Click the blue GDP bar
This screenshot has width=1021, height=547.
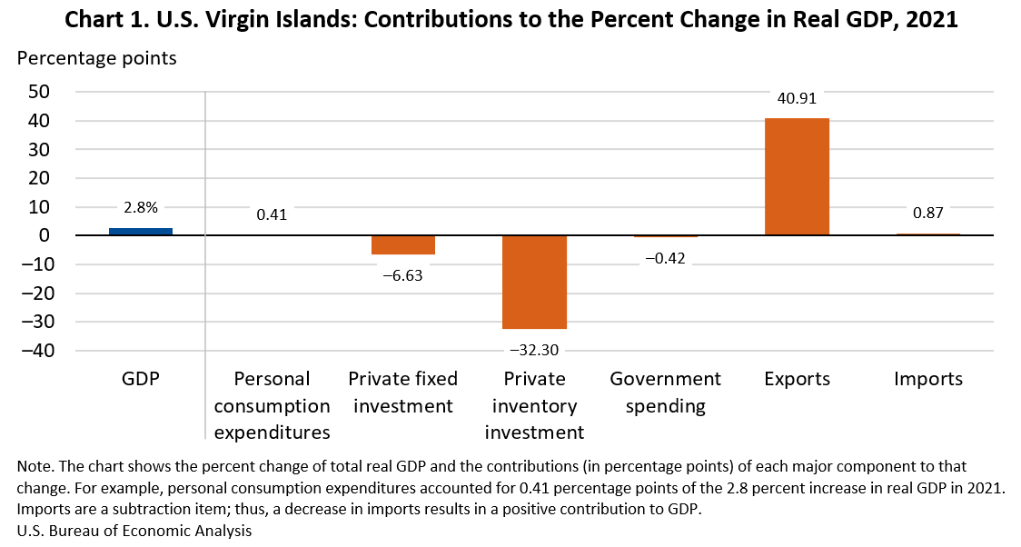pos(141,232)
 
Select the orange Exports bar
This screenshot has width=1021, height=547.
pos(797,177)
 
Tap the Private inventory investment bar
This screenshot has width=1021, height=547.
pos(534,282)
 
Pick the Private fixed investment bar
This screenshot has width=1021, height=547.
pos(403,244)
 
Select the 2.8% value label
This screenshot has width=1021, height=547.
pos(141,206)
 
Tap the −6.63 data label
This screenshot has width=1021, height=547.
pos(402,274)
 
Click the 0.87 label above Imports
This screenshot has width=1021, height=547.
pos(927,214)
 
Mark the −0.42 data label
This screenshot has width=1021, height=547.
pos(665,258)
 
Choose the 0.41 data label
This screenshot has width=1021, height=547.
pos(272,214)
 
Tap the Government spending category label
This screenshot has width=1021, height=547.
pos(665,392)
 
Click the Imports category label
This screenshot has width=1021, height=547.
pos(927,379)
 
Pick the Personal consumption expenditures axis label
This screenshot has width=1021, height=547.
pos(272,404)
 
